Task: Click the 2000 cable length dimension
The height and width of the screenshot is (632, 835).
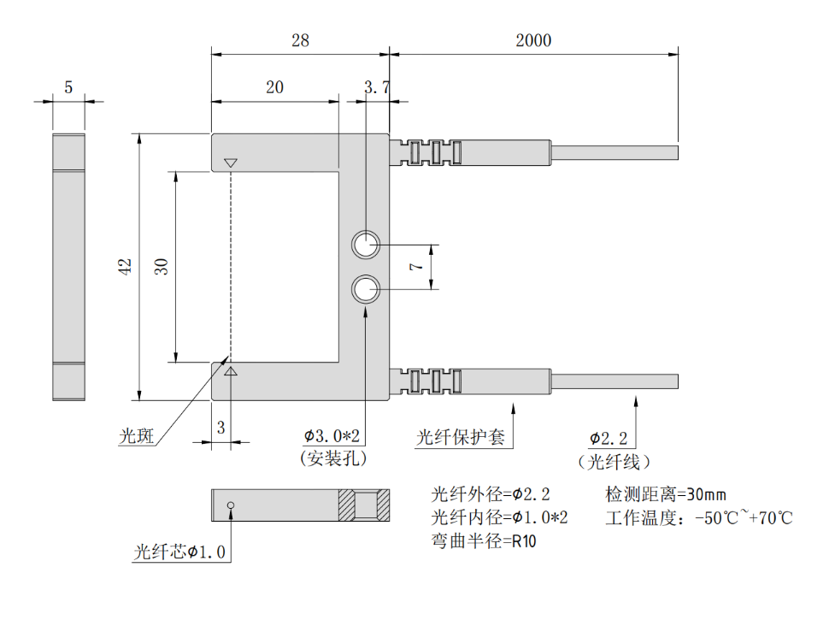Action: (533, 40)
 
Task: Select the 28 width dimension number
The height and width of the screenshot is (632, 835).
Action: (299, 40)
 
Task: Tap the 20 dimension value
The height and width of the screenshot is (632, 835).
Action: (274, 87)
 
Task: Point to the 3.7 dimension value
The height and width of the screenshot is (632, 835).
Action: (376, 87)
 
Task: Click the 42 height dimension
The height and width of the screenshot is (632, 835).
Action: (126, 266)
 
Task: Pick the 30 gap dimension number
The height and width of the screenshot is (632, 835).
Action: (161, 266)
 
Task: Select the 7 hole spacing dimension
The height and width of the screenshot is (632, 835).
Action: (416, 267)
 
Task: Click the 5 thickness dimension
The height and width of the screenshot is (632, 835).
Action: (68, 87)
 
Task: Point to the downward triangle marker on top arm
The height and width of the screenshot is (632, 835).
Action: (229, 162)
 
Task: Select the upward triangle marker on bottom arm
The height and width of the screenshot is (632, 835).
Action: (229, 371)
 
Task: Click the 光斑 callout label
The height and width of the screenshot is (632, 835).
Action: (136, 437)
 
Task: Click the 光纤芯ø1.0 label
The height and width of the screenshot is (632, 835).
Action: (179, 552)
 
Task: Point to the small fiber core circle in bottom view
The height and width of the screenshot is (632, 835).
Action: (230, 505)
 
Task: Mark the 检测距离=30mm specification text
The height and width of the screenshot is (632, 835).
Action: (665, 494)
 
